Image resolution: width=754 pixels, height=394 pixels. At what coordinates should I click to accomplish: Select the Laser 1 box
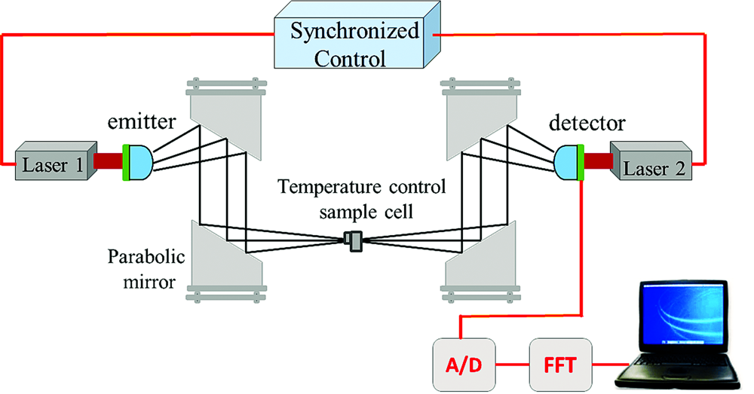click(51, 160)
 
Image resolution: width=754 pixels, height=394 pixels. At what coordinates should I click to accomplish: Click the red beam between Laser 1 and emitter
click(109, 160)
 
